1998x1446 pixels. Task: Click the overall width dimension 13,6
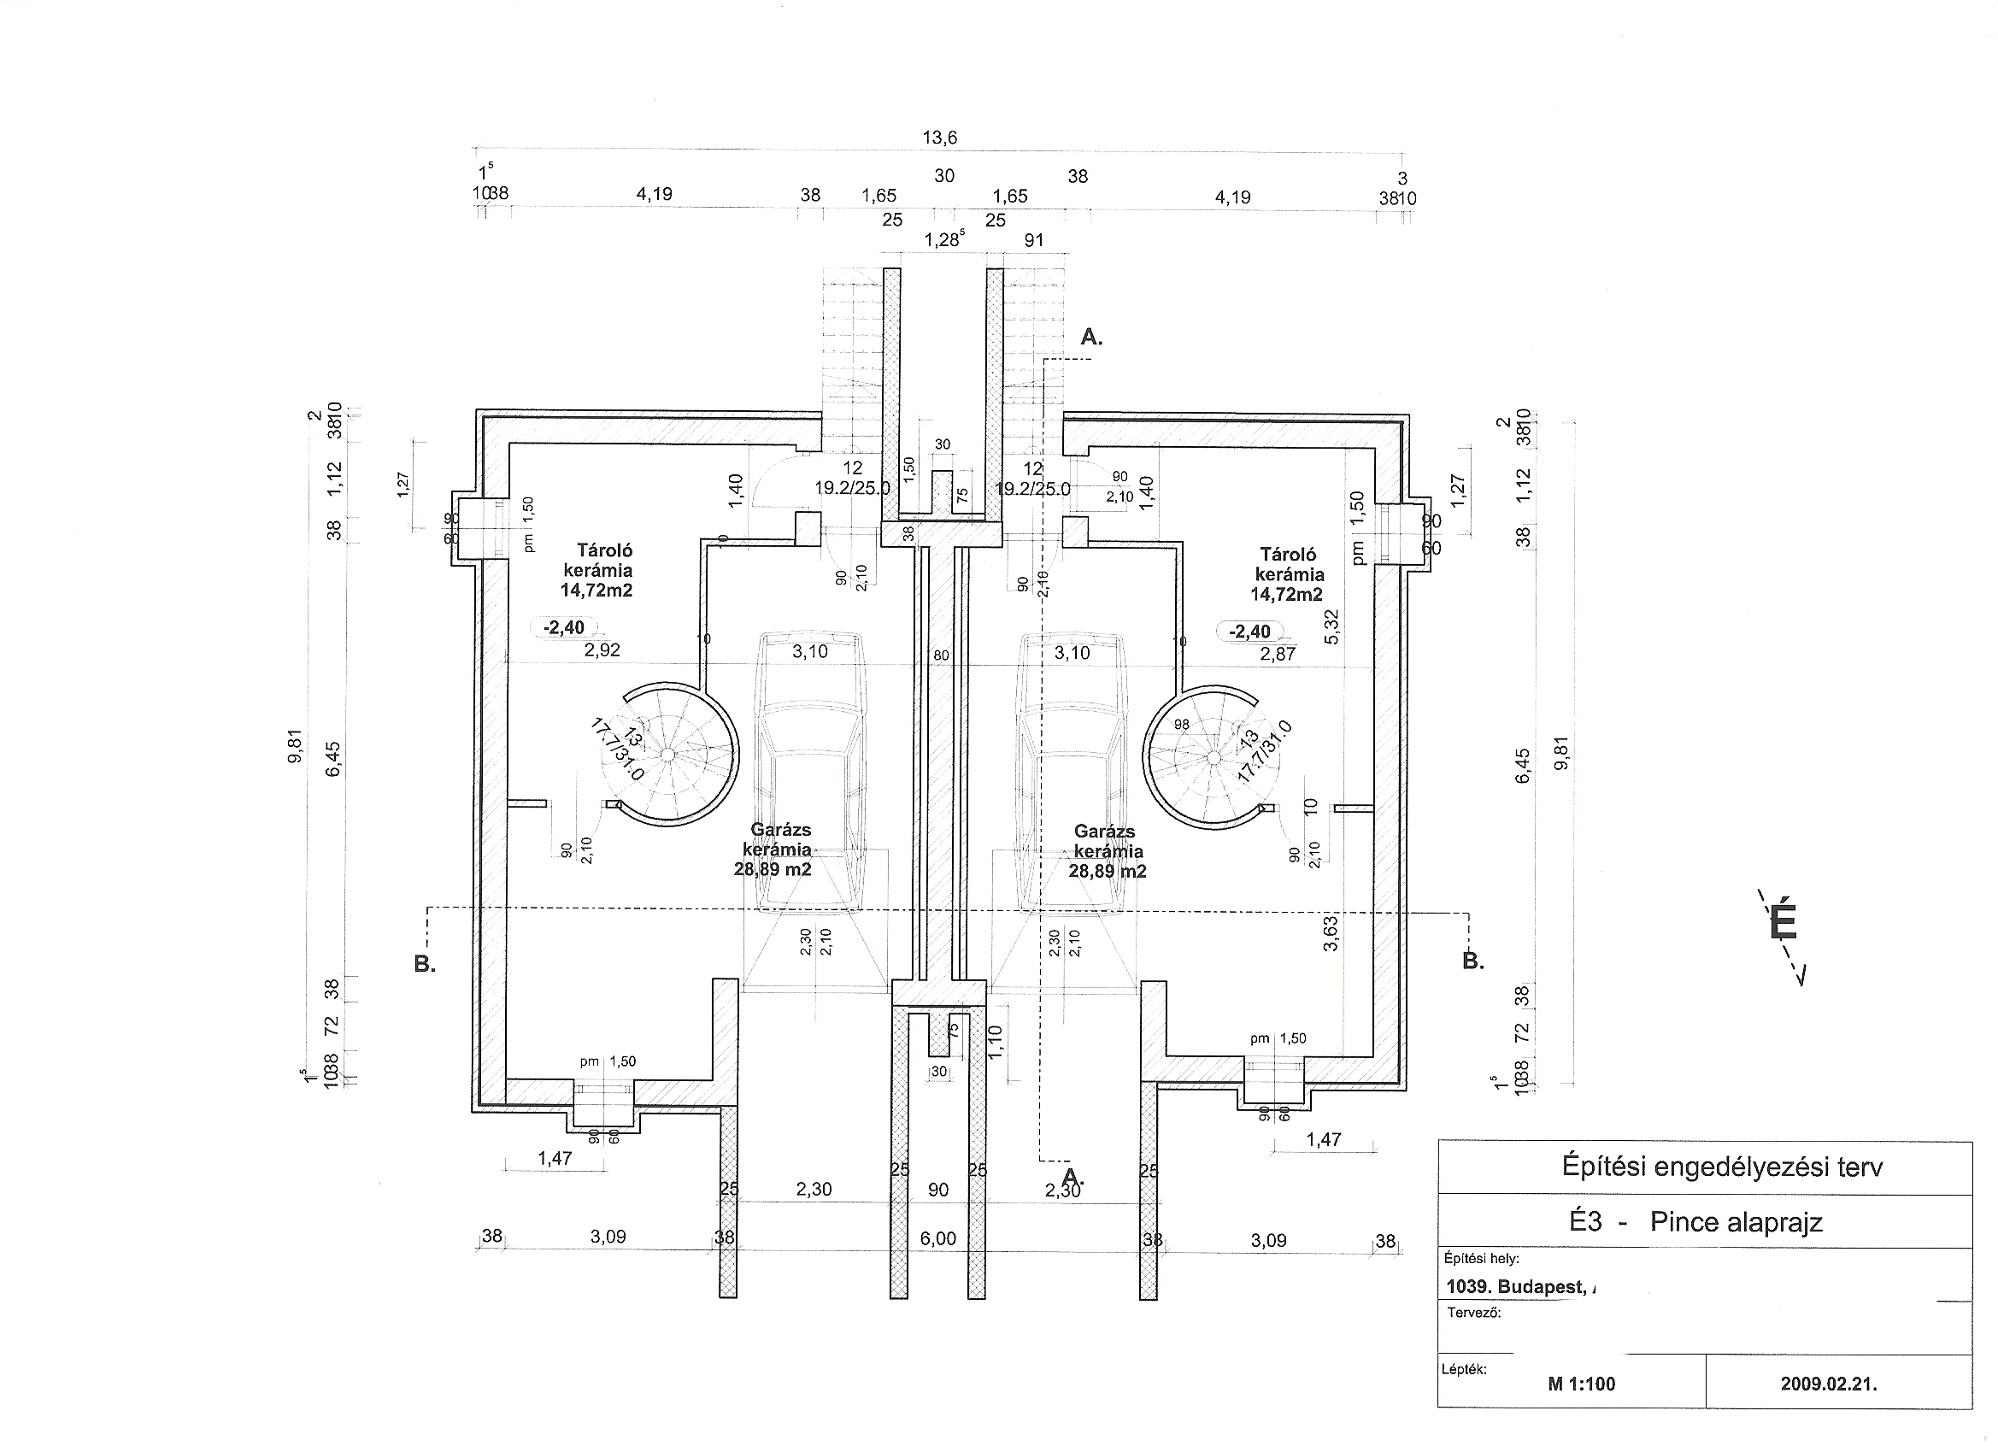[939, 138]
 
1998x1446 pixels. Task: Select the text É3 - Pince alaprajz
[1695, 1222]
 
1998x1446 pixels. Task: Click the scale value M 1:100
[1581, 1384]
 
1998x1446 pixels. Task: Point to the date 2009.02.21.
[1828, 1384]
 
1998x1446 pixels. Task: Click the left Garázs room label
[774, 849]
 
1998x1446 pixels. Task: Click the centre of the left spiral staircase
[668, 755]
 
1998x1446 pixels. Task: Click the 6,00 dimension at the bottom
[937, 1239]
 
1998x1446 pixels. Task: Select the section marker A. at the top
[1091, 337]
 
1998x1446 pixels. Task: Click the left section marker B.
[425, 964]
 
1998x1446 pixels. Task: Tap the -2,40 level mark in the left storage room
[564, 627]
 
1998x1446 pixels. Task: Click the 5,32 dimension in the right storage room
[1331, 626]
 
